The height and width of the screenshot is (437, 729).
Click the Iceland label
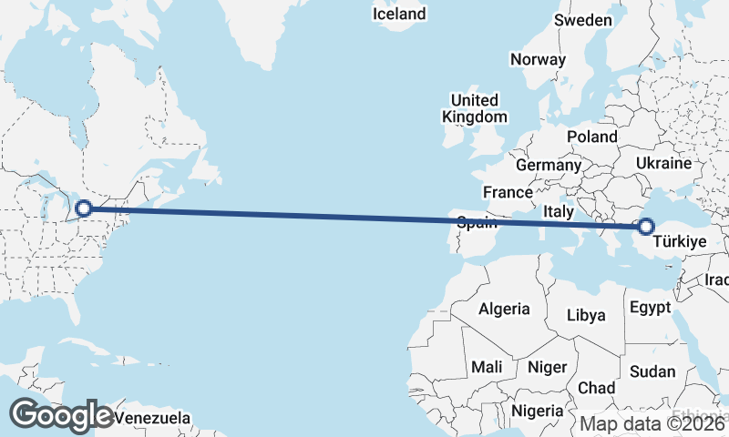(x=399, y=15)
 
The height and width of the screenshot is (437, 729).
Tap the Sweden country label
(x=583, y=20)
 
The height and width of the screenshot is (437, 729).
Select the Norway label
(x=539, y=59)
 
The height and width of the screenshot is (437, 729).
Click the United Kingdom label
(x=474, y=108)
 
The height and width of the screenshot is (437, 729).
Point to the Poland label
(x=591, y=136)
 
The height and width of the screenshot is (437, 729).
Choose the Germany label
(x=548, y=166)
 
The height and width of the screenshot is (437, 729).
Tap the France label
(x=508, y=192)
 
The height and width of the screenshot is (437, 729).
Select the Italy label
(x=558, y=211)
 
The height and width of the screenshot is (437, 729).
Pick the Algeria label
(x=504, y=309)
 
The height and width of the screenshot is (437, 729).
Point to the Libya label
(x=586, y=315)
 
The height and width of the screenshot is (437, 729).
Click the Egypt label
(x=650, y=307)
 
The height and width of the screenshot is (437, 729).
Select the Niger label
(x=548, y=368)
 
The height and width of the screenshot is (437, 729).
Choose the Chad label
(x=596, y=388)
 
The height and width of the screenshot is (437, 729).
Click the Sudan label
(x=652, y=371)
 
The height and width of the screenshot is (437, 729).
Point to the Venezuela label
(x=153, y=418)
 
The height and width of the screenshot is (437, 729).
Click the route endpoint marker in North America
(x=84, y=208)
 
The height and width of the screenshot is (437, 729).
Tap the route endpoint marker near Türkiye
(x=646, y=227)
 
